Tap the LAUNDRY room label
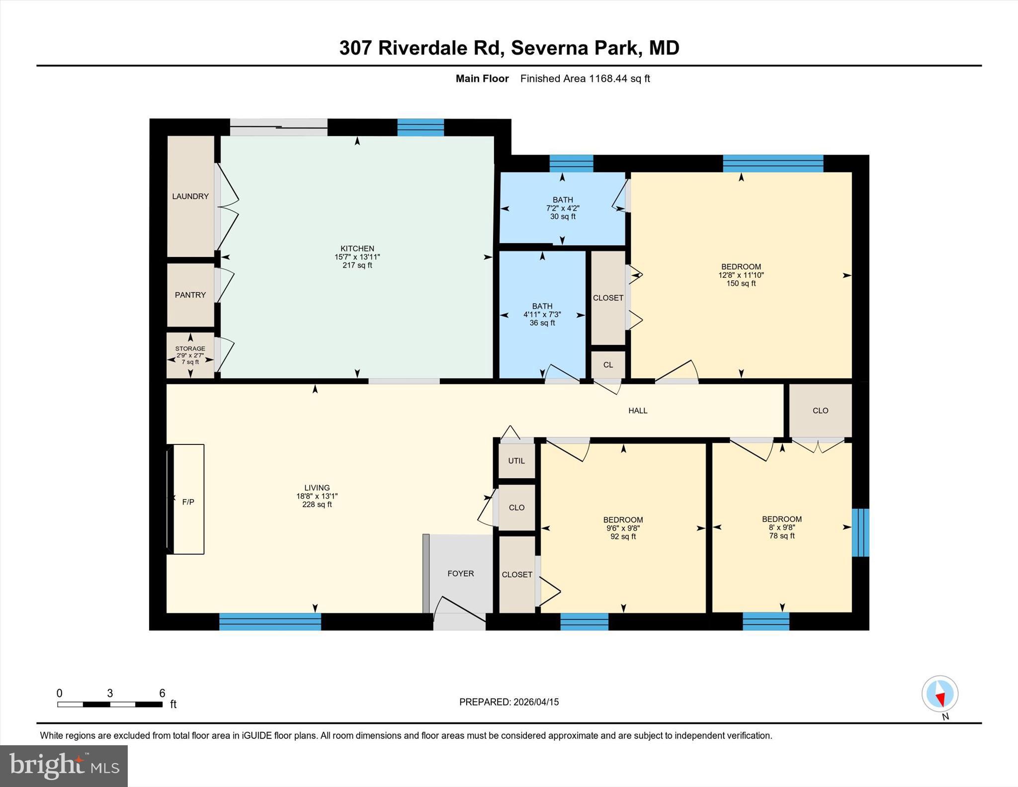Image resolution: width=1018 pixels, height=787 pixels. (x=190, y=196)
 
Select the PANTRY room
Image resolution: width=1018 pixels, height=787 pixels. (x=190, y=295)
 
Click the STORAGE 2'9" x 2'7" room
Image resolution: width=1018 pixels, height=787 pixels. (x=190, y=355)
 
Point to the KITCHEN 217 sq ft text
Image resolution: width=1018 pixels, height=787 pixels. (x=357, y=265)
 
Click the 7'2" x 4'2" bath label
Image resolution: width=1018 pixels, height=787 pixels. (x=562, y=208)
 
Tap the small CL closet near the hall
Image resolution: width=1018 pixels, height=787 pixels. (x=608, y=365)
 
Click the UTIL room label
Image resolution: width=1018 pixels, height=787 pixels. (x=516, y=461)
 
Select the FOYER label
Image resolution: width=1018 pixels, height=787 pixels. (x=460, y=574)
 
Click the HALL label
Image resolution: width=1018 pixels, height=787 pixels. (x=638, y=411)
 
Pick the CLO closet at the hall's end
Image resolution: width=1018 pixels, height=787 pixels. (x=820, y=411)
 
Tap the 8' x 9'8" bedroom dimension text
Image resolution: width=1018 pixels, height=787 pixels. (x=781, y=527)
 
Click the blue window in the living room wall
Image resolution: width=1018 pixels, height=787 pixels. (x=270, y=621)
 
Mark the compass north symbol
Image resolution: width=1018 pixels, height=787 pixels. (x=939, y=694)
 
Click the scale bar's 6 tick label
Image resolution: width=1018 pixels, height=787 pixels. (x=162, y=693)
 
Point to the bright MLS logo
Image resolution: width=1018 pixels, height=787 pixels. (x=64, y=765)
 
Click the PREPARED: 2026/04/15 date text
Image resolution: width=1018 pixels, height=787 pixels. (x=509, y=702)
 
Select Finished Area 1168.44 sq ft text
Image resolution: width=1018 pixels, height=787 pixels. (x=585, y=79)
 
